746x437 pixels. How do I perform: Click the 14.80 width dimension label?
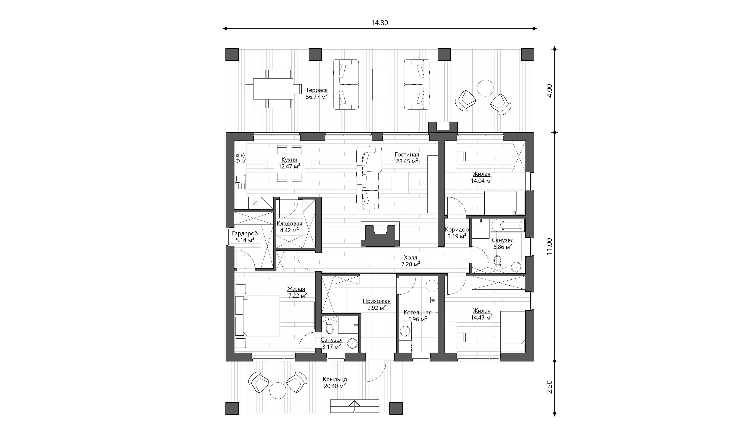pyautogui.click(x=380, y=23)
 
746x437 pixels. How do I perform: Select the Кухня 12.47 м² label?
pyautogui.click(x=289, y=163)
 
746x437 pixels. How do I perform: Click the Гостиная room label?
pyautogui.click(x=407, y=155)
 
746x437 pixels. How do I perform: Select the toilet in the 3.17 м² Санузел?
pyautogui.click(x=329, y=328)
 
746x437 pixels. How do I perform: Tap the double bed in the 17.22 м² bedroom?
pyautogui.click(x=257, y=316)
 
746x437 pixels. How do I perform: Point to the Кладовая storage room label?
pyautogui.click(x=289, y=224)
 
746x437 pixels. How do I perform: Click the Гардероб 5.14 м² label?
pyautogui.click(x=245, y=236)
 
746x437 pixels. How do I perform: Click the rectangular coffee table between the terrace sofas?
pyautogui.click(x=381, y=84)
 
